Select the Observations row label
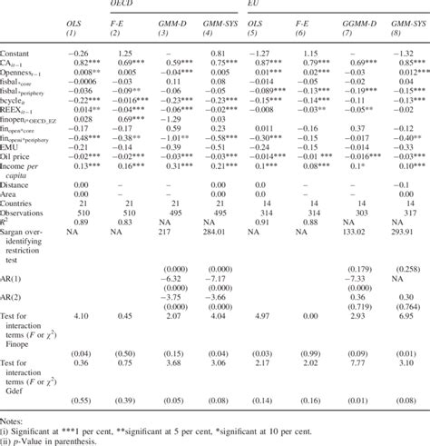[28, 212]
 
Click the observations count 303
[357, 212]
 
